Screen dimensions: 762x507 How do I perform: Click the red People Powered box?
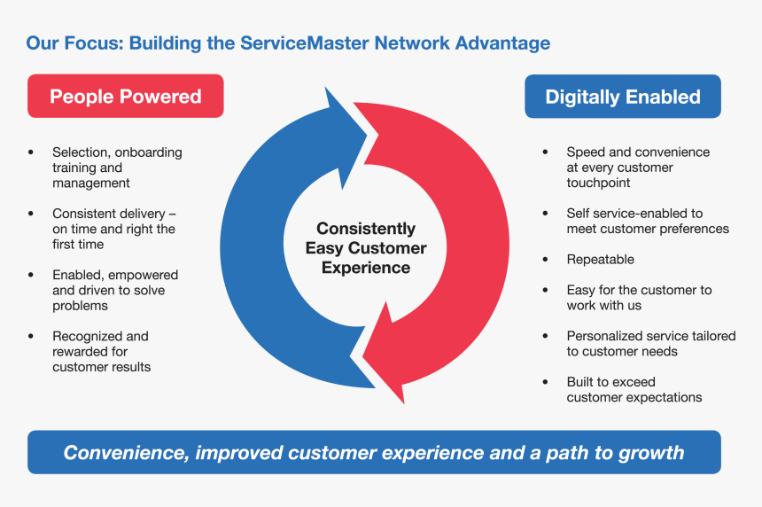tap(126, 96)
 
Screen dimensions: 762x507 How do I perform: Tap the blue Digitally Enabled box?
tap(623, 97)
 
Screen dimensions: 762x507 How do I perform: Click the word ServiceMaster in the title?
tap(304, 43)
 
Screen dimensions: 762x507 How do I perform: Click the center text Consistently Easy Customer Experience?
tap(366, 248)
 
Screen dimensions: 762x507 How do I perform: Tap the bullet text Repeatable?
tap(600, 259)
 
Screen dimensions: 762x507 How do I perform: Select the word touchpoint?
tap(598, 183)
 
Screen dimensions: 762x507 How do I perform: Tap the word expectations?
tap(667, 398)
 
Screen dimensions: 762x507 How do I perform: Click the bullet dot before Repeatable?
tap(545, 260)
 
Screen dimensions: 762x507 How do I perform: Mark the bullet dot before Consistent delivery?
tap(31, 214)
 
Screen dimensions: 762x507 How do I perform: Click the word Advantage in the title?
tap(502, 43)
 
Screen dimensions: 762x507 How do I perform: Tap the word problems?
tap(80, 306)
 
